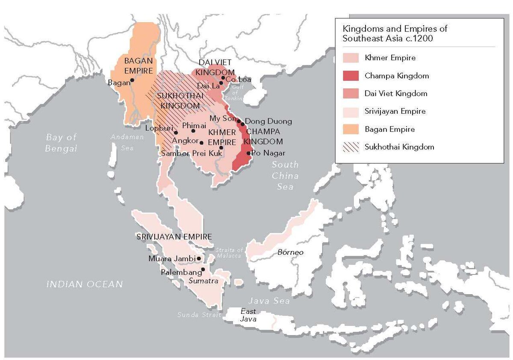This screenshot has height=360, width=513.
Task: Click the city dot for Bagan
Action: click(x=133, y=80)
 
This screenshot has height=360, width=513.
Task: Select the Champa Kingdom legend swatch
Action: click(x=350, y=76)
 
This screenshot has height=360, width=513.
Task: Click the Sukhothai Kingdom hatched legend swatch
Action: click(x=350, y=147)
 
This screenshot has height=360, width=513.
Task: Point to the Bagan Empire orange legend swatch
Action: click(x=350, y=129)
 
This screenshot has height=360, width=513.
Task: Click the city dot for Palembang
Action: click(x=203, y=269)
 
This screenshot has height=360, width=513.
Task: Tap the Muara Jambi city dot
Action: click(x=199, y=259)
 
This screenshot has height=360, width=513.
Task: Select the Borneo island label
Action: click(x=290, y=252)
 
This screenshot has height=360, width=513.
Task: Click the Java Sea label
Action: click(x=269, y=301)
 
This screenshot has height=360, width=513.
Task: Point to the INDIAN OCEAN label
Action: click(x=85, y=284)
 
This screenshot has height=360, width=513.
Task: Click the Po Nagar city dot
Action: click(x=248, y=153)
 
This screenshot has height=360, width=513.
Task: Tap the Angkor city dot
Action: click(x=201, y=142)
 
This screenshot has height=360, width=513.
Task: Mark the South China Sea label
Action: click(x=286, y=176)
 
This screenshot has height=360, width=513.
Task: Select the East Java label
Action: click(x=248, y=315)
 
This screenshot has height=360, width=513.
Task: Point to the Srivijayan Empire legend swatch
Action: click(x=350, y=111)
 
